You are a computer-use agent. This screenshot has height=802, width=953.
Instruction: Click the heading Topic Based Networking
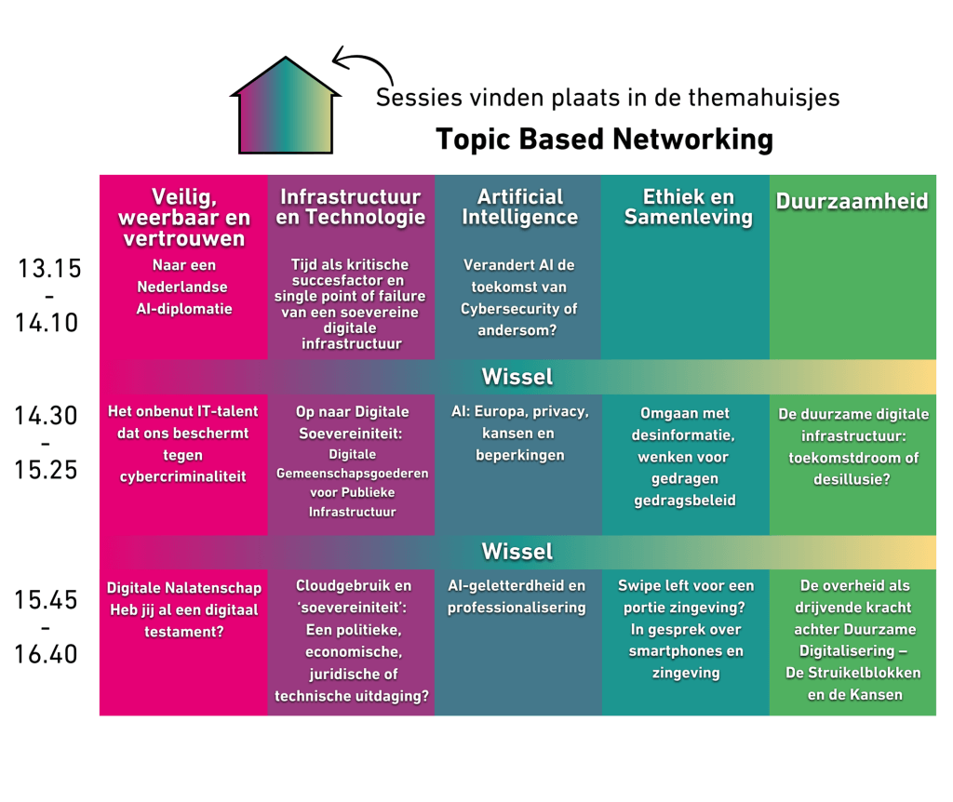coord(605,140)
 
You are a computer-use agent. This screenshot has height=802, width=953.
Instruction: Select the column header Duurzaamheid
coord(852,202)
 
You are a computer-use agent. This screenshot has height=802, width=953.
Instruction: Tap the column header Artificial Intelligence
coord(520,207)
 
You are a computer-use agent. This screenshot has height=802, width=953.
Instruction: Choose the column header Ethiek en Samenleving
coord(688,207)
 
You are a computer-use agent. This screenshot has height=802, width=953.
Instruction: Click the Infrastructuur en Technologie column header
coord(350,207)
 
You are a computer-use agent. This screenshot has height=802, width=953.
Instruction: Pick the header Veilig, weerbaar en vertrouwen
coord(186,217)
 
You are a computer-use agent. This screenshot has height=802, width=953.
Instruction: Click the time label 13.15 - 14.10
coord(49,296)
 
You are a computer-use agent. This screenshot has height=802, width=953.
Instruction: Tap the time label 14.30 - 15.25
coord(46,443)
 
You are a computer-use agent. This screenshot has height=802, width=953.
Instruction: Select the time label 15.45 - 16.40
coord(46,627)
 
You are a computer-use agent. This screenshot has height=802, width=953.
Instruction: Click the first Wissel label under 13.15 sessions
coord(517,377)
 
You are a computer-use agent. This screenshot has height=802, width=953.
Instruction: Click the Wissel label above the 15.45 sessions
coord(517,552)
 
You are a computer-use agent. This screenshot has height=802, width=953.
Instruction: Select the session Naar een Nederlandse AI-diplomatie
coord(184,287)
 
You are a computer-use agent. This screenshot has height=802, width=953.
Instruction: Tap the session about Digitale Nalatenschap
coord(184,610)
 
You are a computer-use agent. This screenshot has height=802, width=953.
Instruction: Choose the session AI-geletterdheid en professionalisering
coord(517,596)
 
